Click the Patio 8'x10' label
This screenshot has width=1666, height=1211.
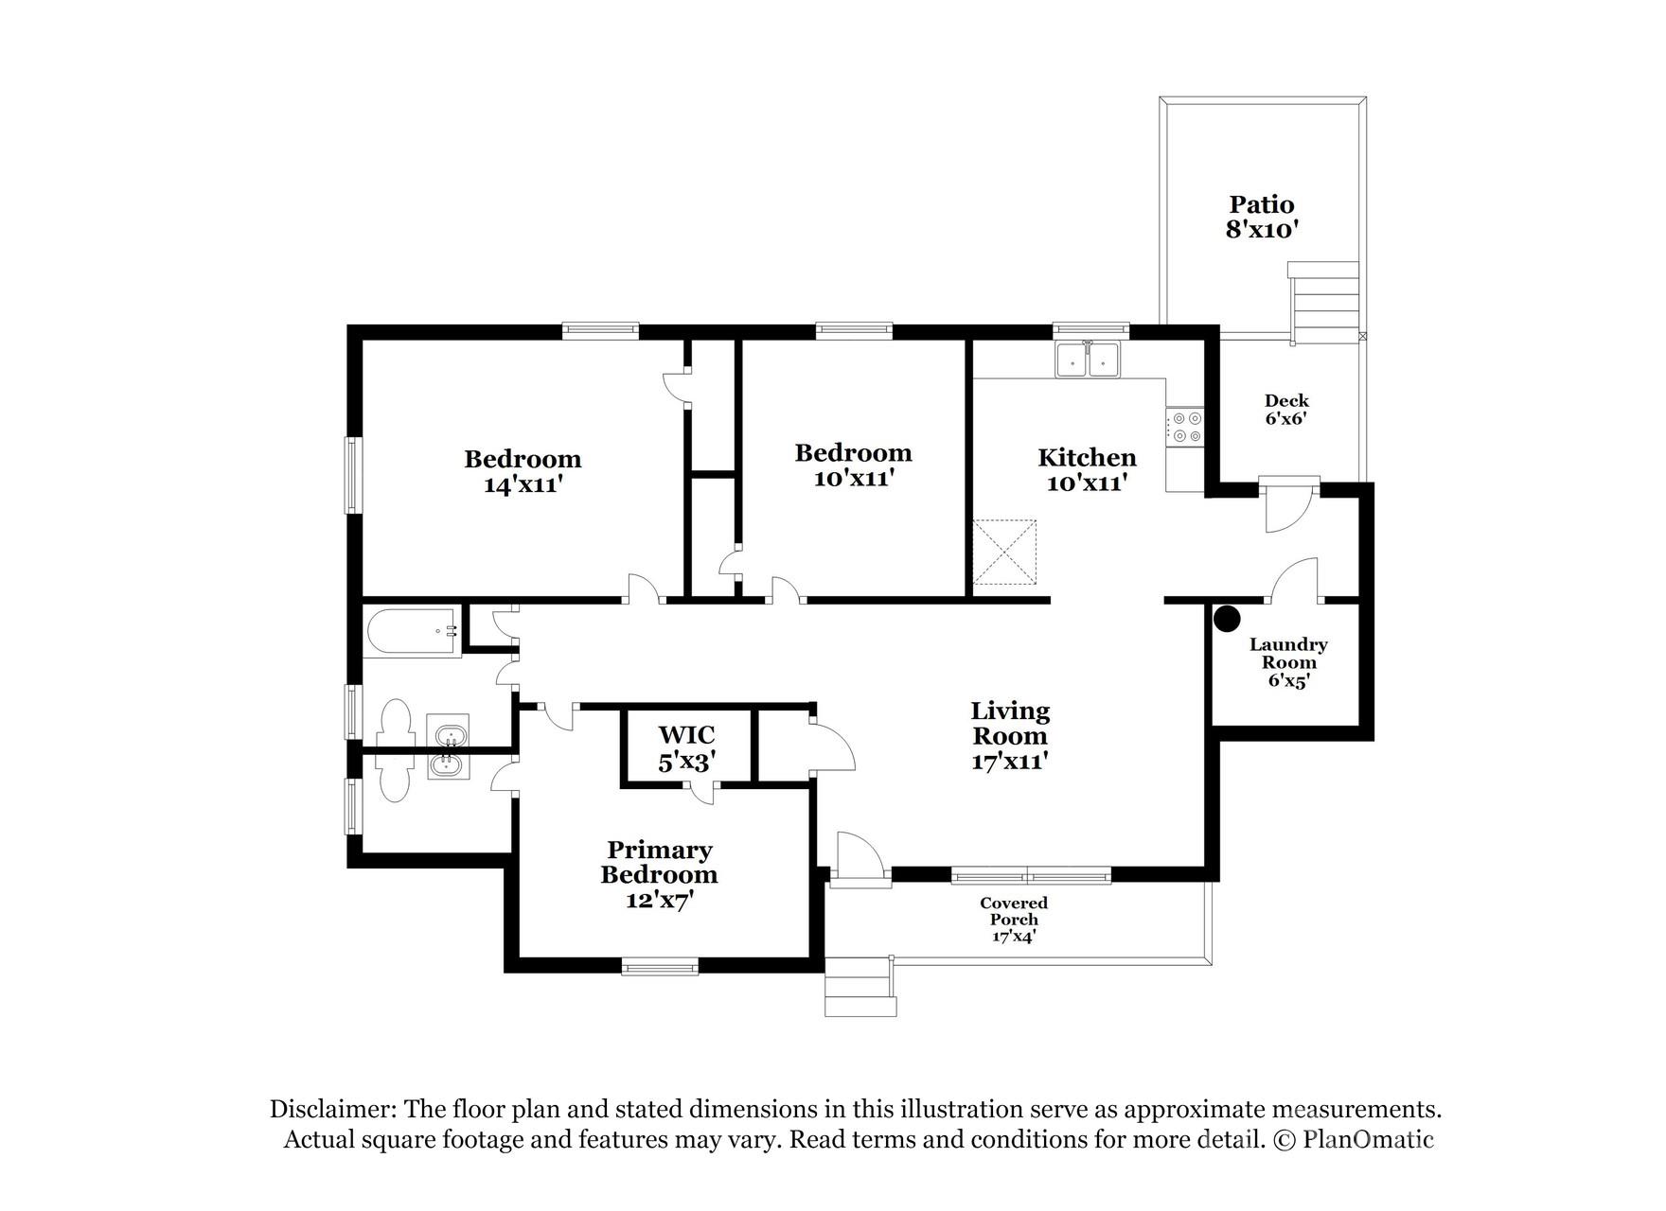click(x=1261, y=217)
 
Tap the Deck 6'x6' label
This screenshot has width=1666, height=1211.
click(x=1286, y=409)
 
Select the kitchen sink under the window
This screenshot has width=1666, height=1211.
click(x=1088, y=360)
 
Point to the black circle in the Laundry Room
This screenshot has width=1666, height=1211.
click(x=1227, y=619)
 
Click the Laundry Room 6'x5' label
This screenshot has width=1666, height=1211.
click(x=1287, y=661)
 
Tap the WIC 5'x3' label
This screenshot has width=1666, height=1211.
click(x=686, y=747)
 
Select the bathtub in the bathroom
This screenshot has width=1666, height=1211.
click(x=412, y=630)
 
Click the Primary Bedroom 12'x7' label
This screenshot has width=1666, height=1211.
click(x=659, y=874)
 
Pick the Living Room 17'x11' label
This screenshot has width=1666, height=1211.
click(x=1009, y=735)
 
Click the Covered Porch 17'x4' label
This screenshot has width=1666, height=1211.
click(x=1013, y=919)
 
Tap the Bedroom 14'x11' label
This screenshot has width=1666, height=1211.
click(x=523, y=471)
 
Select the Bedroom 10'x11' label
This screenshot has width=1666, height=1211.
click(x=853, y=465)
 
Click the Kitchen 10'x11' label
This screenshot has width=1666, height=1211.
click(x=1087, y=469)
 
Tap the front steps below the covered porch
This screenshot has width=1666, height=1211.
click(x=860, y=988)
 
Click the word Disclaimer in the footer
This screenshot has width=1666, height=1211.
click(x=330, y=1109)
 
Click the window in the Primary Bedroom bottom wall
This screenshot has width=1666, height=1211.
click(x=660, y=966)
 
